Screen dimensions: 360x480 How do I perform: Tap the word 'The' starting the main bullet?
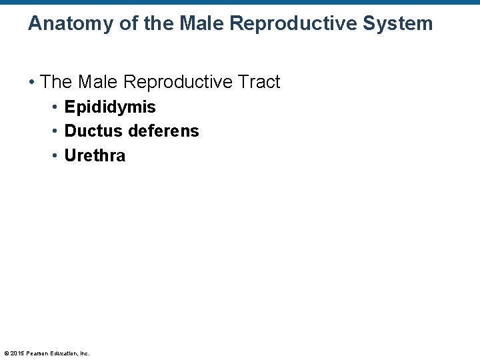coord(56,82)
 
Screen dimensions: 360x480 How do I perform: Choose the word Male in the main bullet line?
coord(99,82)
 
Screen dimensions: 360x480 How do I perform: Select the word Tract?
coord(257,82)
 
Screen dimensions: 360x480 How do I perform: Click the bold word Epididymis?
coord(110,107)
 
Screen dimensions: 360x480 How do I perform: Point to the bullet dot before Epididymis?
coord(56,107)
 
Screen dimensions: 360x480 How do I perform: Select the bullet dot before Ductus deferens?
coord(56,131)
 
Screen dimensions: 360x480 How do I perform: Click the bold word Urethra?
coord(95,156)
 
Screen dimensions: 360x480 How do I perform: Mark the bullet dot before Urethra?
coord(56,156)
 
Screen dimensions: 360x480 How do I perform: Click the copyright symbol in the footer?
coord(6,353)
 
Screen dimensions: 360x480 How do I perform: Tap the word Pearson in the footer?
coord(37,353)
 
